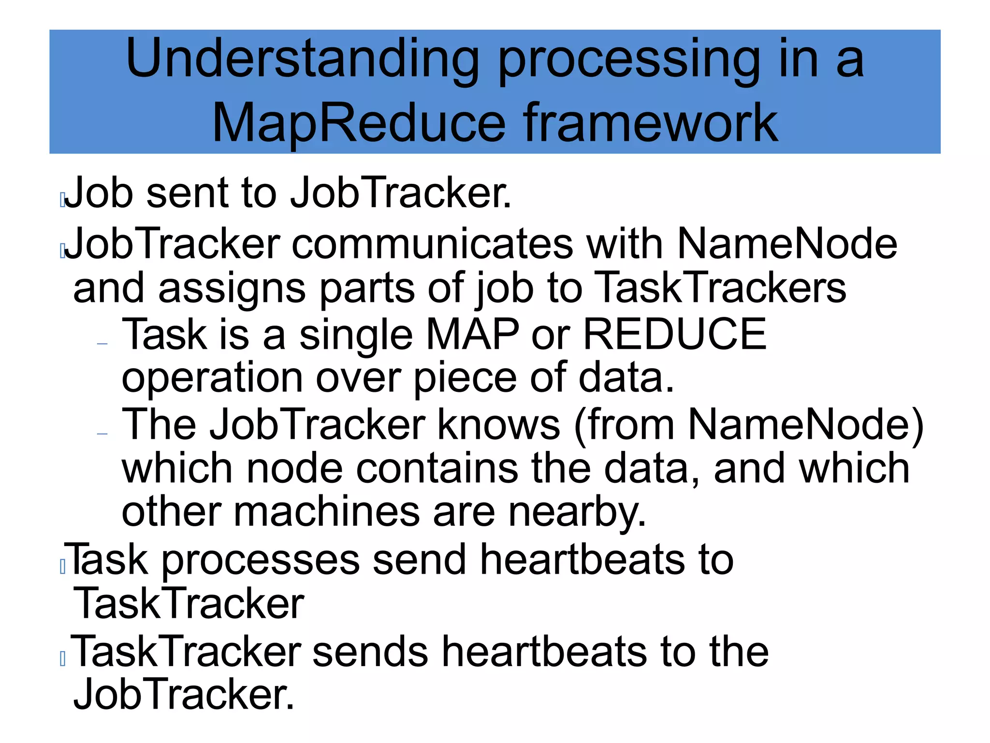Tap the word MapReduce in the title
359,123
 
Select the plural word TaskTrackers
720,288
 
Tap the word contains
437,468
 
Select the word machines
327,512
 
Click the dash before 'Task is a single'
102,344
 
